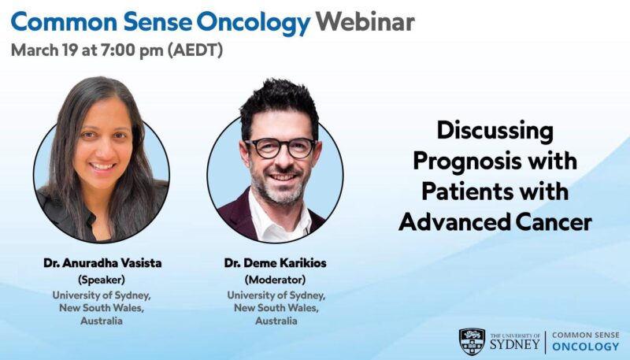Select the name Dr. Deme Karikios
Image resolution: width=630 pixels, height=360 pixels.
(x=275, y=264)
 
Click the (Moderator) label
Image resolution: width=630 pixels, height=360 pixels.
(x=275, y=279)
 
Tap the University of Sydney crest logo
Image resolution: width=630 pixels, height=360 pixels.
(x=472, y=341)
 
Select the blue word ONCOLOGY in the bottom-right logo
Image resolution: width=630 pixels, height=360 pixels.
(x=585, y=347)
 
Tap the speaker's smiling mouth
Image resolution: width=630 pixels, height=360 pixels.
(x=102, y=168)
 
